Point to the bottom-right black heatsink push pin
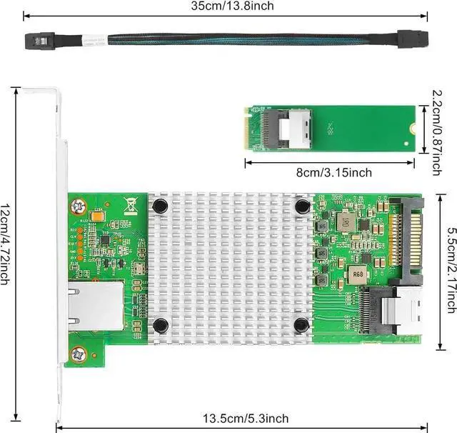point(301,326)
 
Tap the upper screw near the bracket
point(77,208)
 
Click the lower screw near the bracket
point(77,352)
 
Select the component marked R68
point(356,273)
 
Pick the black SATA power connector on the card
point(415,230)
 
